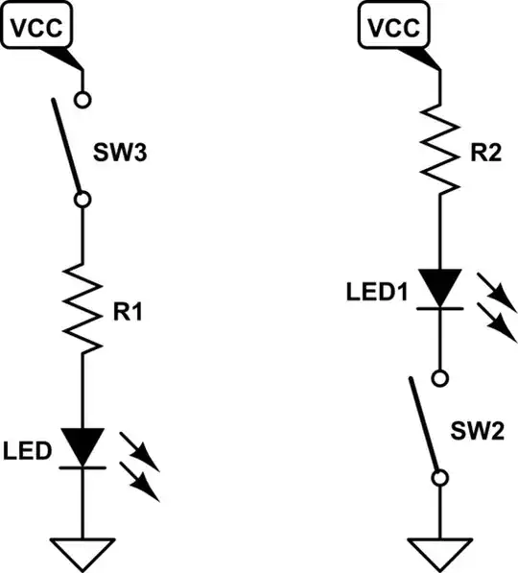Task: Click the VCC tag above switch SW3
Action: (37, 28)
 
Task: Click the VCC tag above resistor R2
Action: (391, 28)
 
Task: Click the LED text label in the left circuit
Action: (27, 450)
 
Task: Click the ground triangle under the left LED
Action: (82, 552)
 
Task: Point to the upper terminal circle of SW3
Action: (82, 98)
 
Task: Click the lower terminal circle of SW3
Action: (82, 199)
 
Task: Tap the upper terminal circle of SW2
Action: (438, 375)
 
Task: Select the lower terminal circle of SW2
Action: (438, 477)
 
